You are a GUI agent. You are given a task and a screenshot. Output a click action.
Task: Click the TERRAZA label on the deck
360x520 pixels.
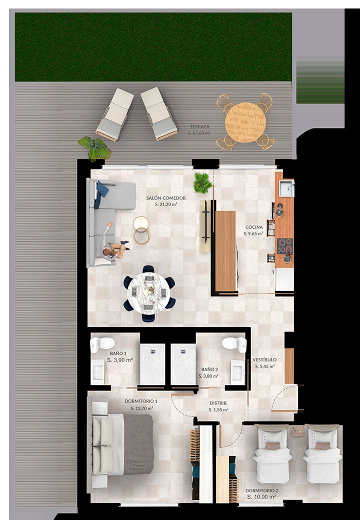tap(199, 126)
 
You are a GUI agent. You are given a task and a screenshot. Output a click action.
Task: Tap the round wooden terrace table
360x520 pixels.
tap(245, 122)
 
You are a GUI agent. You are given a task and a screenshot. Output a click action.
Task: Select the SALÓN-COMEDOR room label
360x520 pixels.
tap(166, 198)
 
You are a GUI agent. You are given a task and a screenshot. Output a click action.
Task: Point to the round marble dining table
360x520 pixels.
tap(149, 293)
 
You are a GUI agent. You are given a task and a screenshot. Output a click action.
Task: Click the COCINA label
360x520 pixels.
tap(254, 227)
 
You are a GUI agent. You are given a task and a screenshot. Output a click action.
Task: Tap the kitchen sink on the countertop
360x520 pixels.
tap(286, 188)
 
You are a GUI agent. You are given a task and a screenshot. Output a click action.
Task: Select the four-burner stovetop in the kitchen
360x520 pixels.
tap(285, 246)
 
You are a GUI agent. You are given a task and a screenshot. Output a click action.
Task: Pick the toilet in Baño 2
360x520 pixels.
tap(234, 344)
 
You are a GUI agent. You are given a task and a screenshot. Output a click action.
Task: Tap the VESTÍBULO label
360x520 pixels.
tap(264, 360)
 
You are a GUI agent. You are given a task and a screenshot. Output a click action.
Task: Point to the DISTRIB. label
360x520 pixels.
tap(218, 403)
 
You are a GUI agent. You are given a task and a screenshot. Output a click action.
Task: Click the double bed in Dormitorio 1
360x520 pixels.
tap(122, 443)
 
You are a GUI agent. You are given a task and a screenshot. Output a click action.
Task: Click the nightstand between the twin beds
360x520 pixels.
tap(297, 431)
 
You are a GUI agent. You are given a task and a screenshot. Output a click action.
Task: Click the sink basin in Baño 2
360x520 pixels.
tap(237, 372)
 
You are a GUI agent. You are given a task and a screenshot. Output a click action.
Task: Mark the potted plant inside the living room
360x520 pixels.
tap(202, 182)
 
